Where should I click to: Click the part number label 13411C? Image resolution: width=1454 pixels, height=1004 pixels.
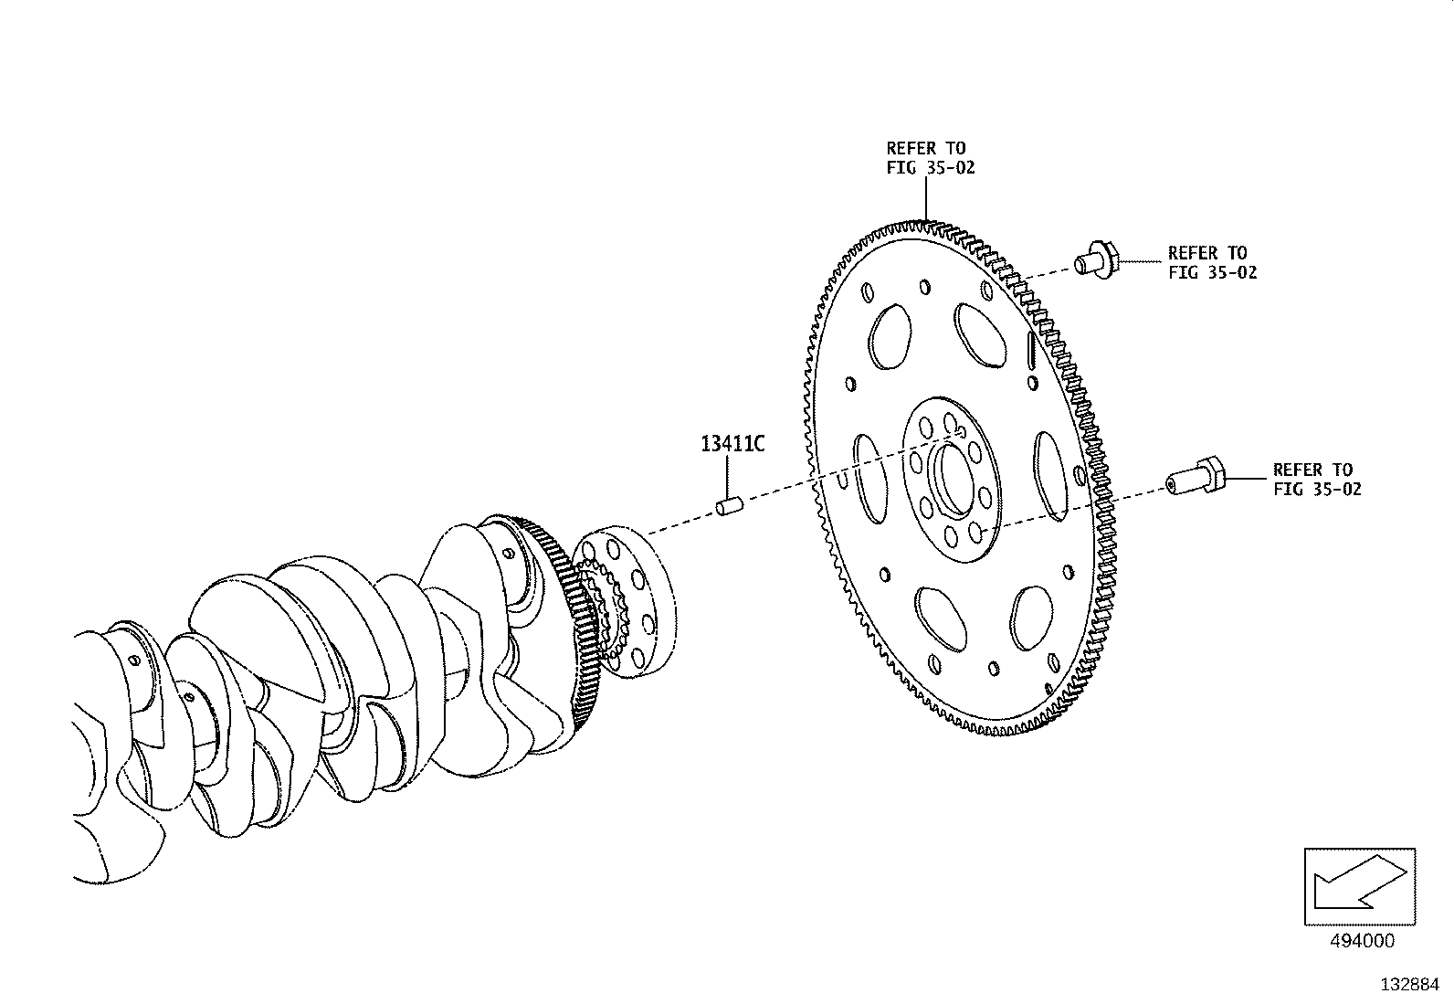732,444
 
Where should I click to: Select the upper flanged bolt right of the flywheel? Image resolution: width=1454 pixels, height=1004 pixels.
1096,261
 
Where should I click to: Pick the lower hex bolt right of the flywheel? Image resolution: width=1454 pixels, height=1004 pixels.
1195,477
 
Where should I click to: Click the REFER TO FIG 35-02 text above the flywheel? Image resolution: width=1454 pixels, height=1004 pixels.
930,158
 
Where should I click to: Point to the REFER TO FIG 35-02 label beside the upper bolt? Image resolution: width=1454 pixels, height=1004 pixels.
1212,262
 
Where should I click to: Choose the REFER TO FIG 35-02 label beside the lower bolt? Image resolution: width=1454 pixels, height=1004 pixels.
1316,480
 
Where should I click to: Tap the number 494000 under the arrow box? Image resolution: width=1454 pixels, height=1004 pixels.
1361,941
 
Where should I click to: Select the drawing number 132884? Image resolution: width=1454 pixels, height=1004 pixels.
1409,985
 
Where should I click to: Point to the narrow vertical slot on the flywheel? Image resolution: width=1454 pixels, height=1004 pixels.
1030,349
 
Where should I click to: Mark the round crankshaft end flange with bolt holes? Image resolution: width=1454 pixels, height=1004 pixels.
626,603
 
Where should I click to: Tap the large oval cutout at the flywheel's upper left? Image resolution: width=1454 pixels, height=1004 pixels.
890,336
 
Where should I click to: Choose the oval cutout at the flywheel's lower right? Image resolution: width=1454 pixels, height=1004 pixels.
1031,618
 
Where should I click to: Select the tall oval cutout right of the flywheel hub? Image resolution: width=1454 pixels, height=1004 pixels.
1050,476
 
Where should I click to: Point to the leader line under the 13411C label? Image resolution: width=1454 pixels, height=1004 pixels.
727,477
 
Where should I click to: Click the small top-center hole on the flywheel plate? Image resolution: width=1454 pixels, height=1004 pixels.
925,287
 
